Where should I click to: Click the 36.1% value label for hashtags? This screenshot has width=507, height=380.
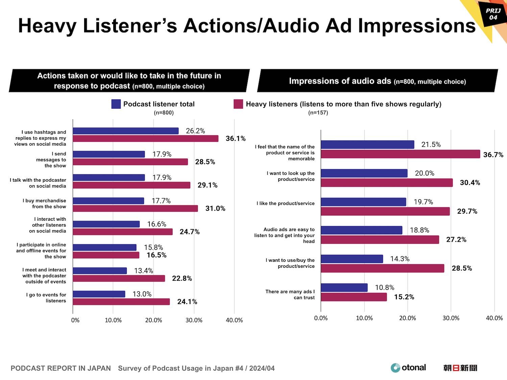pyautogui.click(x=236, y=139)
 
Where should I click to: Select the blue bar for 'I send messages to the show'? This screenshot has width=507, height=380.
pyautogui.click(x=108, y=154)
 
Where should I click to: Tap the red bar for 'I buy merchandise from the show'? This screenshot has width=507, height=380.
pyautogui.click(x=135, y=209)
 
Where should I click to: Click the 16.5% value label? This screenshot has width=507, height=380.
pyautogui.click(x=156, y=255)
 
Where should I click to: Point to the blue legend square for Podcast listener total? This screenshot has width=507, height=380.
pyautogui.click(x=116, y=104)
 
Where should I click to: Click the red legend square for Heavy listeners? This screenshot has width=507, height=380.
pyautogui.click(x=238, y=104)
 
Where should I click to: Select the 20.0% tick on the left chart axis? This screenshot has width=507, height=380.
pyautogui.click(x=153, y=320)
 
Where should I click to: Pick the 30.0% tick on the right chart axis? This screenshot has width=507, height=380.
pyautogui.click(x=451, y=318)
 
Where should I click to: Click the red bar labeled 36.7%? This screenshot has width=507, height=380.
pyautogui.click(x=400, y=154)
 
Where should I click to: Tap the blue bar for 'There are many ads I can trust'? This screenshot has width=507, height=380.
pyautogui.click(x=344, y=288)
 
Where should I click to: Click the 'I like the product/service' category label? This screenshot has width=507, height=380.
pyautogui.click(x=285, y=204)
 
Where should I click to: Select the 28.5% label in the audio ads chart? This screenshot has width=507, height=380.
pyautogui.click(x=462, y=268)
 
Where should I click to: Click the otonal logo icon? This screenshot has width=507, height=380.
pyautogui.click(x=395, y=368)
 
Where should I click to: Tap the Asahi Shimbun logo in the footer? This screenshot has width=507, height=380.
pyautogui.click(x=460, y=368)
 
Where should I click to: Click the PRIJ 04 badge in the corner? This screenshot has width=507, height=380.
pyautogui.click(x=493, y=14)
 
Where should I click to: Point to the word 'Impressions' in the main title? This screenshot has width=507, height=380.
pyautogui.click(x=417, y=26)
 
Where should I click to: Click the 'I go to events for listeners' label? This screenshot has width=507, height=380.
pyautogui.click(x=46, y=298)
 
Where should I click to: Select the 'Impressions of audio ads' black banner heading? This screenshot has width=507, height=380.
pyautogui.click(x=377, y=81)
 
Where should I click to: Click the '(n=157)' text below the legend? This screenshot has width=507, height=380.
pyautogui.click(x=318, y=113)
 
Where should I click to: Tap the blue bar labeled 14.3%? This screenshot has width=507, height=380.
pyautogui.click(x=352, y=259)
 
